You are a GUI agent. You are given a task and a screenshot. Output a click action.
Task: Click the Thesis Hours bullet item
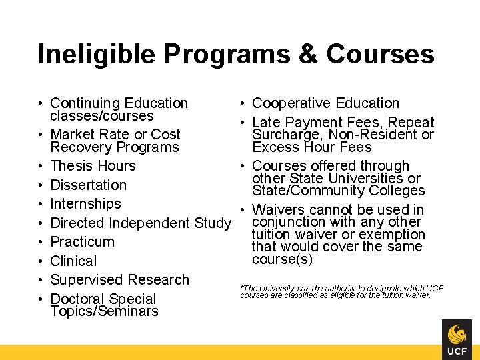click(93, 166)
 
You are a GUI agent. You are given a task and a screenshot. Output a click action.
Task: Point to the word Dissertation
click(88, 185)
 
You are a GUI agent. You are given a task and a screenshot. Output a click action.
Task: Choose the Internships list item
click(85, 204)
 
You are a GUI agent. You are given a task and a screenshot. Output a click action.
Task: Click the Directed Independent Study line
click(140, 223)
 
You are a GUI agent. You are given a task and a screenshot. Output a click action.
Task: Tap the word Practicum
click(82, 241)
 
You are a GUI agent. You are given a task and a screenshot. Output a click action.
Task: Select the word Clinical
click(73, 261)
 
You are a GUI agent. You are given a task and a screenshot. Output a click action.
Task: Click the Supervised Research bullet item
click(119, 279)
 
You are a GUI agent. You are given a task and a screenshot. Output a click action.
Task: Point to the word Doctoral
click(79, 299)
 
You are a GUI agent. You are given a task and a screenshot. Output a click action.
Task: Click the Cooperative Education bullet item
click(325, 103)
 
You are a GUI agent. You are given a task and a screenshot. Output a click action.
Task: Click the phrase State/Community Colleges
click(338, 191)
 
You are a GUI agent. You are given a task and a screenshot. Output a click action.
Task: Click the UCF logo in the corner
click(457, 339)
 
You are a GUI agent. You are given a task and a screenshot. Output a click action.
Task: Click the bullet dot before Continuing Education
click(41, 103)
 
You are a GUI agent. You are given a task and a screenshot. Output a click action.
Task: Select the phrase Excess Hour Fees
click(312, 147)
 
